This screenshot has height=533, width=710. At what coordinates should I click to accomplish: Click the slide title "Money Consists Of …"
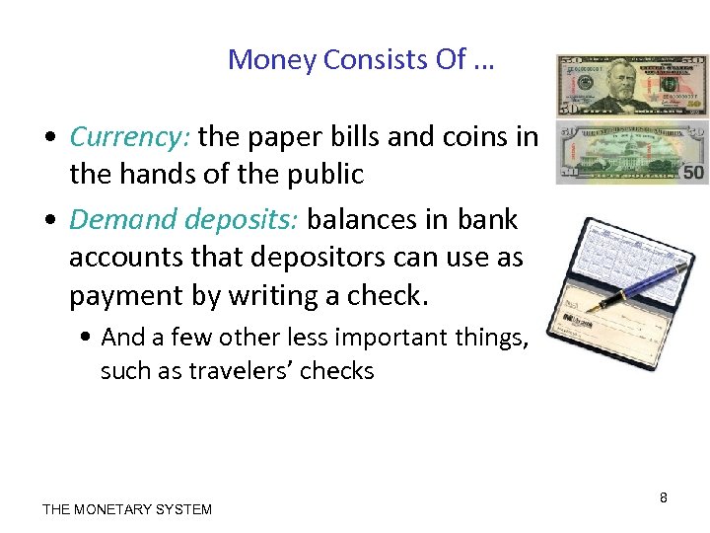coord(361,60)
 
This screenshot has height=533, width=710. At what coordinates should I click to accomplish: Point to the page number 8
coord(664,498)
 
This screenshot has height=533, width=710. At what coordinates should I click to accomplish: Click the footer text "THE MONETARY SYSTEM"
coord(127,509)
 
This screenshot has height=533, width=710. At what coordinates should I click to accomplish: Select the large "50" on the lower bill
coord(693,173)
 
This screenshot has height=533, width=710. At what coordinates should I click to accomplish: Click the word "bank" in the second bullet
coord(490,219)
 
